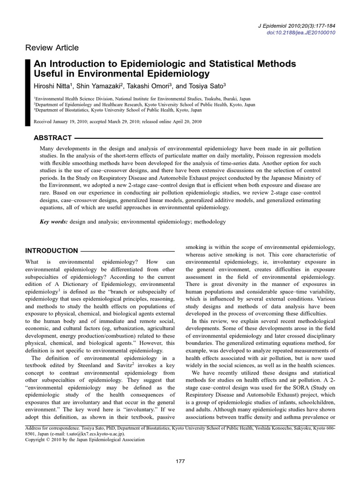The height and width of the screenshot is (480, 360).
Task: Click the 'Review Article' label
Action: [x=52, y=48]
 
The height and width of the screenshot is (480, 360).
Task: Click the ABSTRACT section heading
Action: [x=53, y=138]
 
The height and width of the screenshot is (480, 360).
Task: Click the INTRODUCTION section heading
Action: [x=52, y=251]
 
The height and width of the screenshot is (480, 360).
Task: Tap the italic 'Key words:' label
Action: [x=53, y=222]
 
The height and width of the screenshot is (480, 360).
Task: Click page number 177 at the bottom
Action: [x=180, y=462]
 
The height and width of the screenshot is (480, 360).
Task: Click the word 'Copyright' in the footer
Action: [x=35, y=440]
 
